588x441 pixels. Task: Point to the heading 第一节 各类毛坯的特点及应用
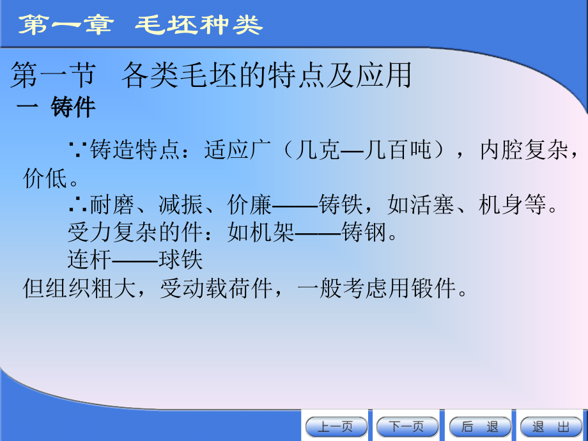click(x=211, y=76)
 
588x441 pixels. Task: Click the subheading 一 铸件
click(x=56, y=107)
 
